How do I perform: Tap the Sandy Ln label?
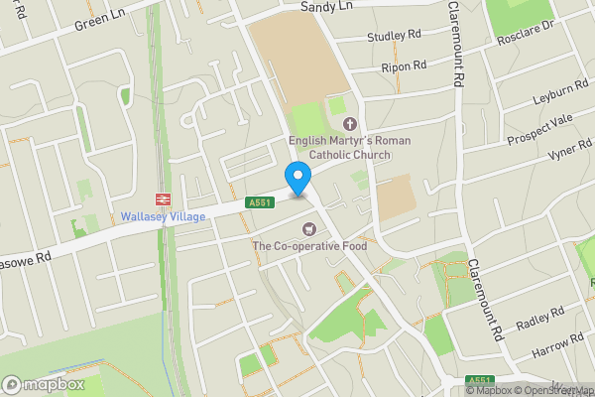pyautogui.click(x=326, y=6)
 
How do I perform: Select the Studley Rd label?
pyautogui.click(x=394, y=37)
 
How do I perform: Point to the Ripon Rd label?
pyautogui.click(x=403, y=66)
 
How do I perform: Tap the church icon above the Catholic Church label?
pyautogui.click(x=349, y=123)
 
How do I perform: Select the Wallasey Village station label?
pyautogui.click(x=164, y=216)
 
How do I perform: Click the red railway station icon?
pyautogui.click(x=164, y=197)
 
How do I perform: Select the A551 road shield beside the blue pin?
pyautogui.click(x=261, y=203)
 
